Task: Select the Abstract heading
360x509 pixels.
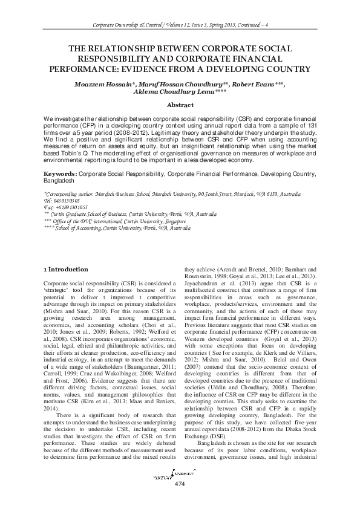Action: pos(180,105)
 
